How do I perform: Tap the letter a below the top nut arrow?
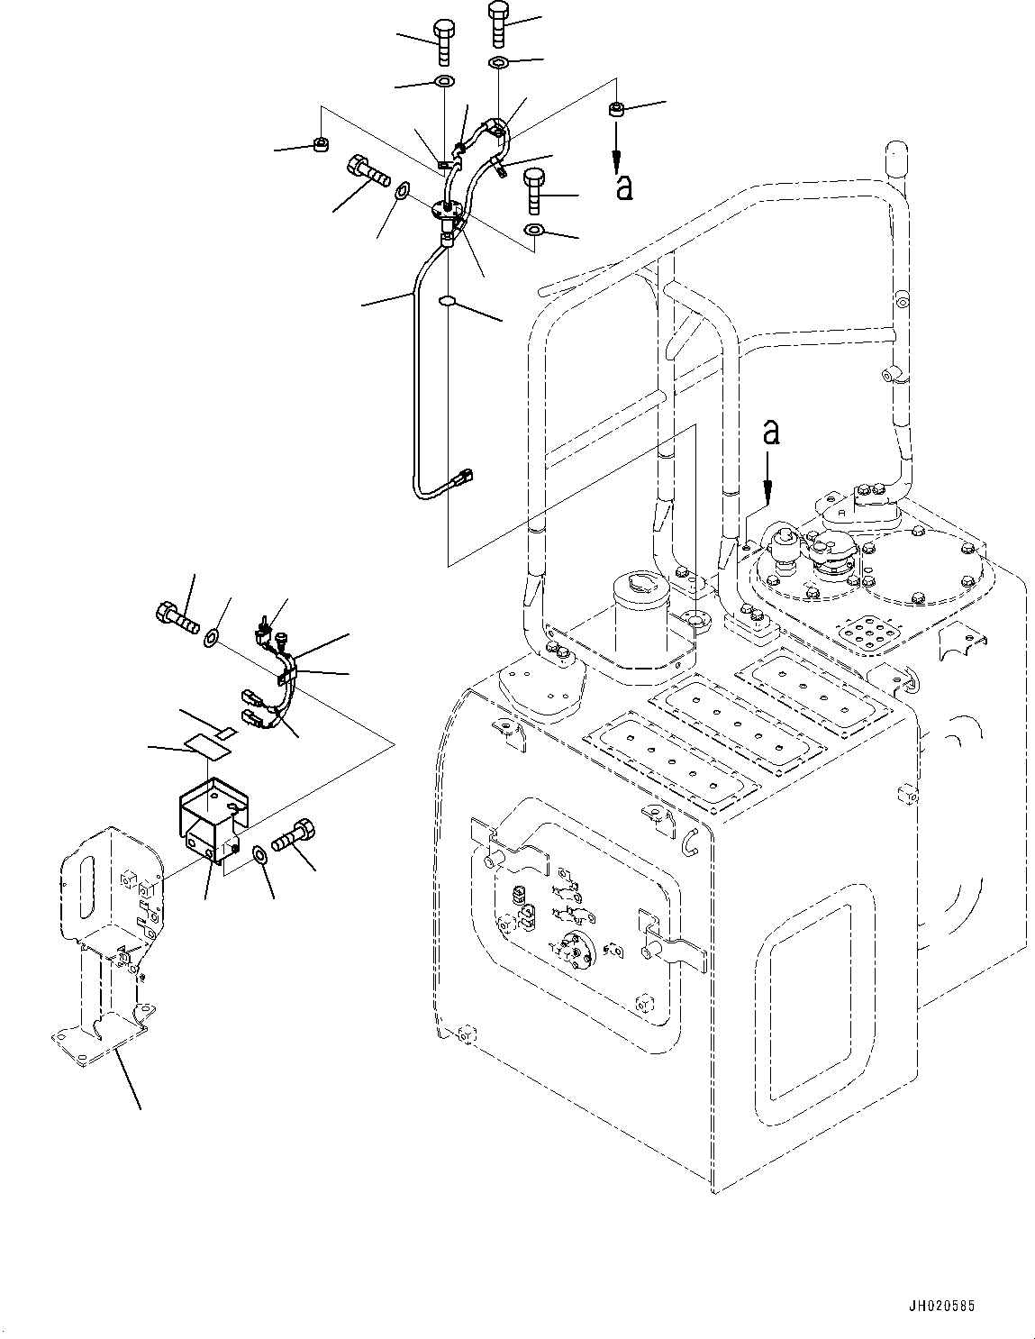pyautogui.click(x=623, y=187)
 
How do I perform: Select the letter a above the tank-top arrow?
pyautogui.click(x=770, y=433)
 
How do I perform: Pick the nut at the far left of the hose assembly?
pyautogui.click(x=319, y=143)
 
